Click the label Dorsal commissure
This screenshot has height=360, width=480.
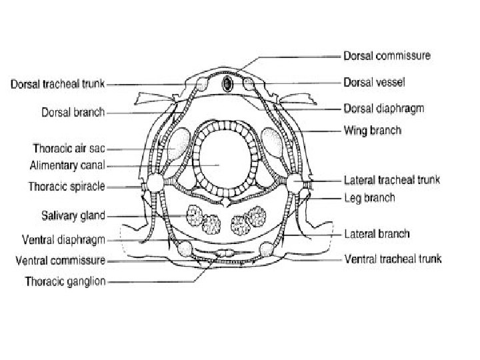[x=386, y=55]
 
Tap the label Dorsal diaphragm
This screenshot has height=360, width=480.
[x=385, y=107]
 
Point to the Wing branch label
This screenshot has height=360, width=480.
[x=372, y=130]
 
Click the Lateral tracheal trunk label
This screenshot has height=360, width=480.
[x=391, y=180]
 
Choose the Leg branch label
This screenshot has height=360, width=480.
[x=369, y=197]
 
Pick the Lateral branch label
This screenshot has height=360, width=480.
[x=376, y=234]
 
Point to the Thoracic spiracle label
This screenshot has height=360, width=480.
[x=66, y=186]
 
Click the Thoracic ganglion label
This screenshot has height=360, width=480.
[x=65, y=281]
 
